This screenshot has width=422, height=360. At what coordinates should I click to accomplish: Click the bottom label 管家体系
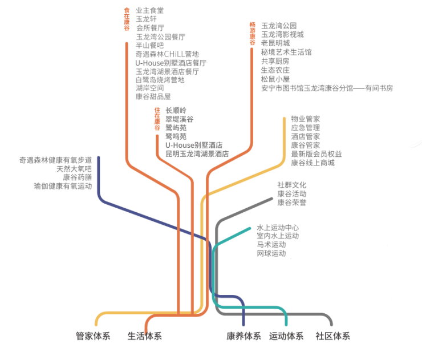pyautogui.click(x=93, y=336)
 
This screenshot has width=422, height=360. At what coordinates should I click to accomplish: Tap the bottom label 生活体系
pyautogui.click(x=144, y=336)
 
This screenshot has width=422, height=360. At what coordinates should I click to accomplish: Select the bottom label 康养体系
pyautogui.click(x=244, y=336)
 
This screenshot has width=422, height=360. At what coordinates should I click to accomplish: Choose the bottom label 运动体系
pyautogui.click(x=286, y=336)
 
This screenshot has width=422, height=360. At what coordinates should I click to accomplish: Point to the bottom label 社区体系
pyautogui.click(x=332, y=336)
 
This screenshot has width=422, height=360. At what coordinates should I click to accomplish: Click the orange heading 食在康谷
pyautogui.click(x=127, y=19)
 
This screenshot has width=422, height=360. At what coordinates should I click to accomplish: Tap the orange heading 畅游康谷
pyautogui.click(x=252, y=33)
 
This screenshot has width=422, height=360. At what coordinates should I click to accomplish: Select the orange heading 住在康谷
pyautogui.click(x=157, y=119)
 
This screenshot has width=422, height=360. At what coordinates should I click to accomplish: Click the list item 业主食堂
pyautogui.click(x=149, y=10)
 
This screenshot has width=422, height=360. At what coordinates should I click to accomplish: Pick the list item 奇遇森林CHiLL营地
pyautogui.click(x=167, y=54)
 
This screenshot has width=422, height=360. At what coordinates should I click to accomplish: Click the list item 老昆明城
pyautogui.click(x=275, y=43)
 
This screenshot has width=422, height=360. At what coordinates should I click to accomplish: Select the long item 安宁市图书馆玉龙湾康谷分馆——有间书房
pyautogui.click(x=327, y=88)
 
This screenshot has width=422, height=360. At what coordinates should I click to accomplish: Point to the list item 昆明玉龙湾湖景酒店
pyautogui.click(x=197, y=154)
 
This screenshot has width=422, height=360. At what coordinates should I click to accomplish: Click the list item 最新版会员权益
pyautogui.click(x=316, y=154)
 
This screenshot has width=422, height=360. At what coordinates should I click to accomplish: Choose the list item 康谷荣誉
pyautogui.click(x=291, y=203)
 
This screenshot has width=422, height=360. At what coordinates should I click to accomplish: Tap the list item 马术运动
pyautogui.click(x=271, y=244)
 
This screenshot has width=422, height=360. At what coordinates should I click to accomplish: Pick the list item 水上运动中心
pyautogui.click(x=277, y=228)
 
